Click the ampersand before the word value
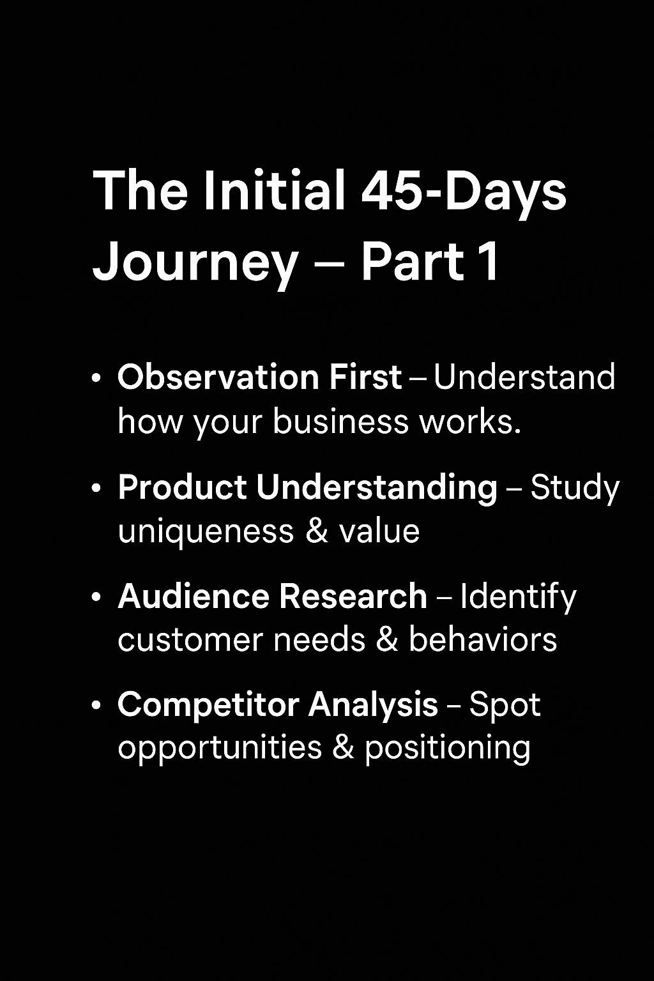317,531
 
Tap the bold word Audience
194,596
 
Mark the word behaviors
483,640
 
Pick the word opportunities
220,750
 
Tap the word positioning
448,750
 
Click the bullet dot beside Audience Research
97,597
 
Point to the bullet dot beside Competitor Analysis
97,706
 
